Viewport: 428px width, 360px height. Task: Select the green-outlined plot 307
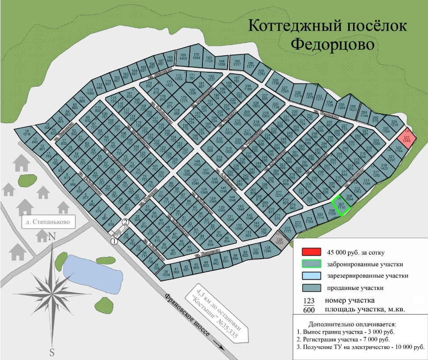coord(342,206)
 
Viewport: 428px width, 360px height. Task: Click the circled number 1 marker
coord(114,241)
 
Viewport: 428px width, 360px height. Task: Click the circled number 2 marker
coord(126,222)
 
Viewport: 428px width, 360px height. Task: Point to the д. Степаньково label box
coord(48,221)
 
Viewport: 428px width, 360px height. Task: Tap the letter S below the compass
coord(52,352)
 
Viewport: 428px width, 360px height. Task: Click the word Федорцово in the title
coord(326,45)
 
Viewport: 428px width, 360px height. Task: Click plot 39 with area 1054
coord(166,273)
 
